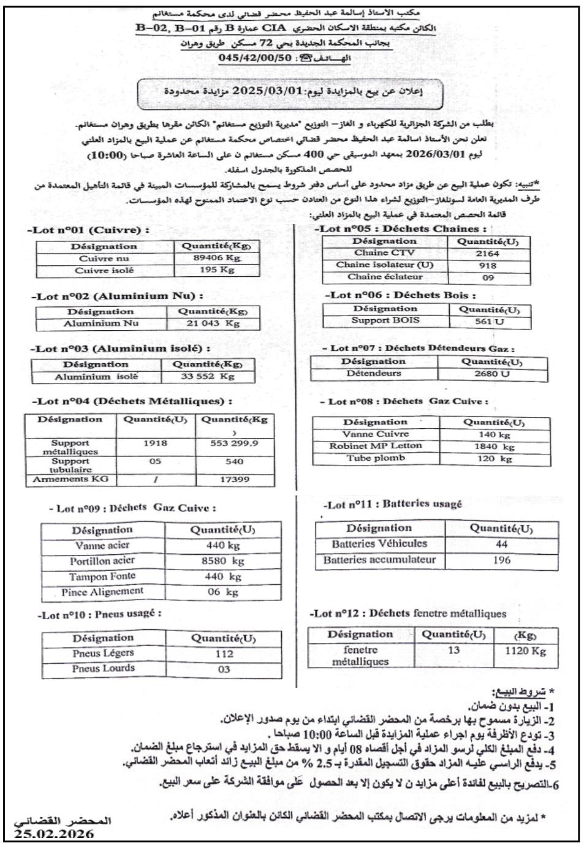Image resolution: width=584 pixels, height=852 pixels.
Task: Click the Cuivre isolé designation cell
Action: pos(104,270)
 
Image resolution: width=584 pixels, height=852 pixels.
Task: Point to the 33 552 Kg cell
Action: pos(208,377)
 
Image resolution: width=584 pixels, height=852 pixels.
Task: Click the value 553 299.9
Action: pos(234,443)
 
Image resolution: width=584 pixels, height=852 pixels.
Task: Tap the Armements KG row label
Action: pos(70,480)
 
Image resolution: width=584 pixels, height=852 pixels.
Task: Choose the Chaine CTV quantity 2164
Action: pos(487,254)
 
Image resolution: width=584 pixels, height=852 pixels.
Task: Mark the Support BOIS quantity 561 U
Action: pos(489,321)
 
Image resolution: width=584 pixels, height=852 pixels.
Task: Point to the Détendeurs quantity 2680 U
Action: pos(491,374)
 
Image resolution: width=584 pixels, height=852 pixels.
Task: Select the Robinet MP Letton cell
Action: pos(375,446)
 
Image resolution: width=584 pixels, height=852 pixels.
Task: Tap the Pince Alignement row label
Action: pos(102,592)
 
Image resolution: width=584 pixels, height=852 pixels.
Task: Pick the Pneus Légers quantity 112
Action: pos(224,654)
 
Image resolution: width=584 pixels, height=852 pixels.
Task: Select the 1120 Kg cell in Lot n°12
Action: pos(525,651)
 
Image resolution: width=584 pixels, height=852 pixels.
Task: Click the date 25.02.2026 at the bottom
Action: pos(55,834)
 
